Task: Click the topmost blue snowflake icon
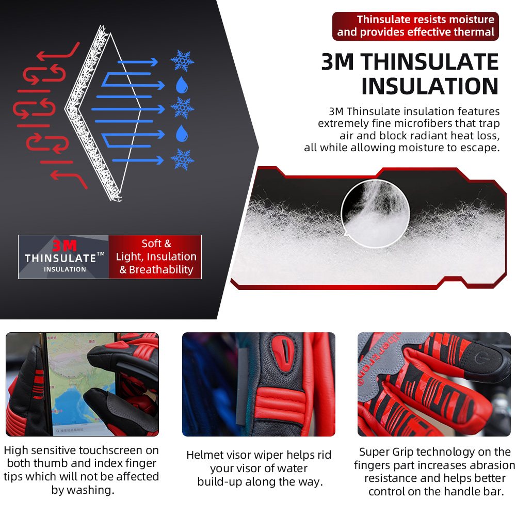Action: click(182, 61)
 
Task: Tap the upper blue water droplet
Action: click(182, 85)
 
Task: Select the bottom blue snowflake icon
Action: click(182, 159)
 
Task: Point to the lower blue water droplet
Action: click(182, 133)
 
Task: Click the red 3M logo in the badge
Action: click(64, 246)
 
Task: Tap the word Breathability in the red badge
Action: click(161, 269)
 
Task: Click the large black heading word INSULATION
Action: click(430, 86)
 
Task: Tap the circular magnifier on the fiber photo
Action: click(376, 214)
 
